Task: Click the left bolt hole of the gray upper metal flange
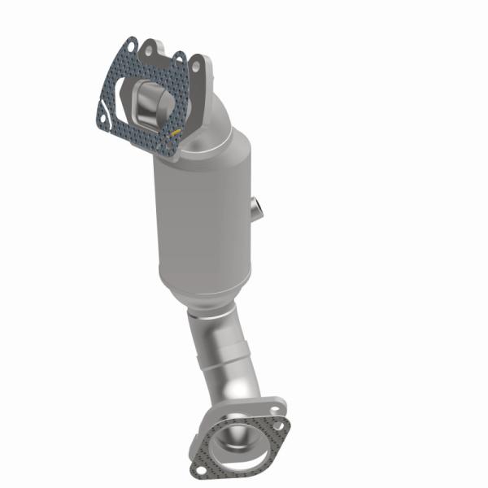coord(150,51)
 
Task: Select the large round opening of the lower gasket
coord(240,439)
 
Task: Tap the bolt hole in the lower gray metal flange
coord(281,405)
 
